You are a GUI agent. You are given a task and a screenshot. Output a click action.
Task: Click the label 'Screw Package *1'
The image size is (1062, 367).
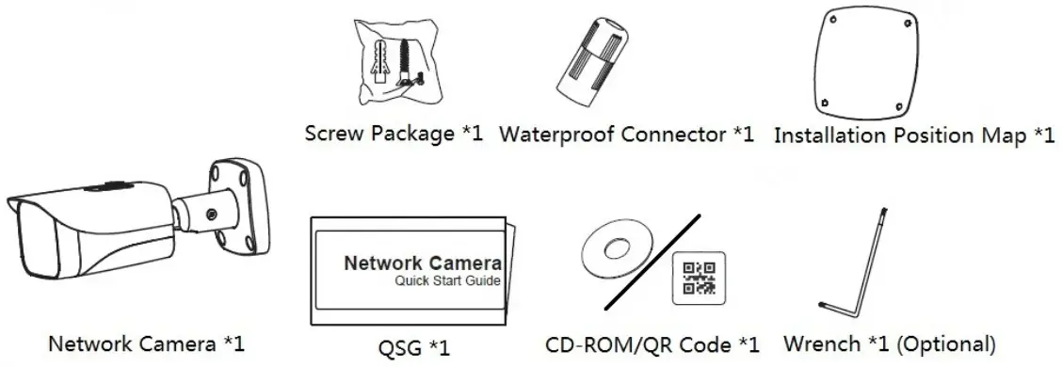click(x=394, y=133)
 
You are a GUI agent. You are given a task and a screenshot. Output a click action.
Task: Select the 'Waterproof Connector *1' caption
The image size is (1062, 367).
click(x=626, y=134)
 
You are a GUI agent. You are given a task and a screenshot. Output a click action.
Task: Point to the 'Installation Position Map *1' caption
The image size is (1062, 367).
click(x=913, y=136)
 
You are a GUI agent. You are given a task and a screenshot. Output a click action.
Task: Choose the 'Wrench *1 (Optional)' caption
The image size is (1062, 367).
click(x=889, y=344)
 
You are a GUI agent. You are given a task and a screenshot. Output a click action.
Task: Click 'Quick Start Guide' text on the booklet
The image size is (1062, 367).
click(x=448, y=280)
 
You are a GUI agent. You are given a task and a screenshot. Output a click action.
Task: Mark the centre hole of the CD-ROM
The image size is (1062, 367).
click(x=618, y=250)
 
